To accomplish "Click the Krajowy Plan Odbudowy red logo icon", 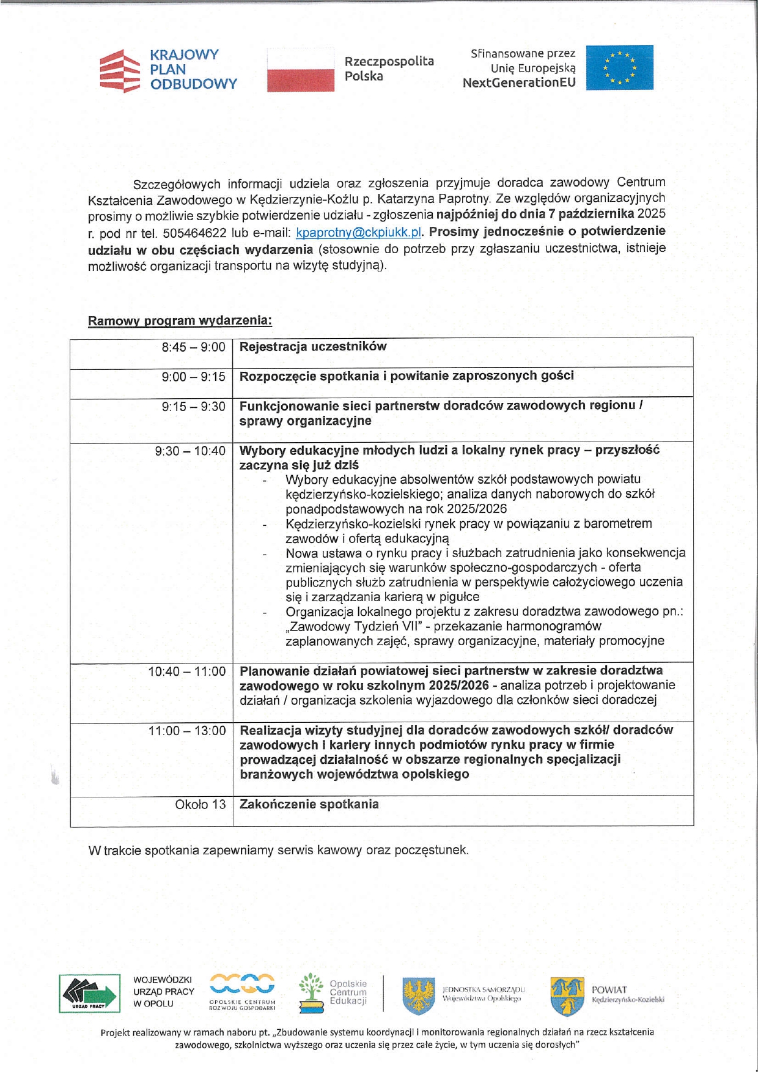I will (120, 70).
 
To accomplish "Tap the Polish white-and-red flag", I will (300, 70).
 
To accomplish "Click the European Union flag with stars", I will (619, 68).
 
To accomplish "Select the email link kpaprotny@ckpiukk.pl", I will (359, 232).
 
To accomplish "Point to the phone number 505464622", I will (194, 233).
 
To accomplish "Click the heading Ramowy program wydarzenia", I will (180, 321).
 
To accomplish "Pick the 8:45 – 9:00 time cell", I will (193, 347).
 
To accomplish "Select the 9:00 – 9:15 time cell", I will (193, 377).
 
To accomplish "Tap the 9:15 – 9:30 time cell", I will (193, 407).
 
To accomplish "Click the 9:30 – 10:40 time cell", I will (189, 451).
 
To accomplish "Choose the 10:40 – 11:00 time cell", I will (186, 671).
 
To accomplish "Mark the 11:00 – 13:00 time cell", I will (186, 731).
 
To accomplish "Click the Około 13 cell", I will (200, 805).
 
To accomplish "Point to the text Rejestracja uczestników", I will (313, 347).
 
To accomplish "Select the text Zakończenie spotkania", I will (309, 804).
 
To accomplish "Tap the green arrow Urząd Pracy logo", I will (89, 993).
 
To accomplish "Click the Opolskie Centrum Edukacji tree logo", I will (311, 992).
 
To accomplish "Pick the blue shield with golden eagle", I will (419, 996).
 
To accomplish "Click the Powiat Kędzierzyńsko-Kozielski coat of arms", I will (567, 996).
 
